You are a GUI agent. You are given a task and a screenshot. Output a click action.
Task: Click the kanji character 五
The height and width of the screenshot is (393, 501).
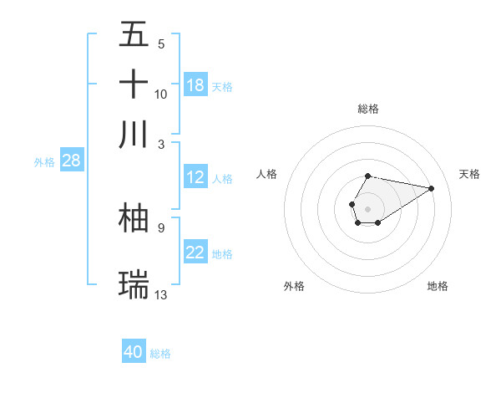134,36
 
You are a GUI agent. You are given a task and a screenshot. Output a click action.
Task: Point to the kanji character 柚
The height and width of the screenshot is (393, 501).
134,217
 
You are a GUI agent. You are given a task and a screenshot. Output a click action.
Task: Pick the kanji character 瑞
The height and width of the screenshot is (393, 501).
134,284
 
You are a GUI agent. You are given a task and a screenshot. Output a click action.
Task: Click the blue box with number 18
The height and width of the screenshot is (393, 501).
195,85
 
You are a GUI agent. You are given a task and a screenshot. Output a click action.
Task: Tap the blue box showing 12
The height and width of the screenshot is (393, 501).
195,177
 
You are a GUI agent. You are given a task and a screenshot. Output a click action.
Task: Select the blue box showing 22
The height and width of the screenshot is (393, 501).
195,253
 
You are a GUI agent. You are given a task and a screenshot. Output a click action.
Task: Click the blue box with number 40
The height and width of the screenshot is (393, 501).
134,352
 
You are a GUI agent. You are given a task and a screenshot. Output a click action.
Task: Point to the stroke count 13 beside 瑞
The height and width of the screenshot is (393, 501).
161,294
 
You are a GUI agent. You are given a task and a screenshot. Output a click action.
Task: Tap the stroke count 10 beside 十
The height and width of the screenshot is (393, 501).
161,94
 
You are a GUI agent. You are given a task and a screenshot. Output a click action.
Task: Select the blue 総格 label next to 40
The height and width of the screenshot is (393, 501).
160,354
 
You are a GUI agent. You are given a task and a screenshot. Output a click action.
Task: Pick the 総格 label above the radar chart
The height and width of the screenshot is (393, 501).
367,109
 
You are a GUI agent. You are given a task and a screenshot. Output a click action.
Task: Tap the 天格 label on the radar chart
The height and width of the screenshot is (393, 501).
469,174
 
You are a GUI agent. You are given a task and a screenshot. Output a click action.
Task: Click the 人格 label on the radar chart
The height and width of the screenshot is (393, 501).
267,174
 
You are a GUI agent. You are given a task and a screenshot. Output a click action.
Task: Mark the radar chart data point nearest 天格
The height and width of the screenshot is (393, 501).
432,187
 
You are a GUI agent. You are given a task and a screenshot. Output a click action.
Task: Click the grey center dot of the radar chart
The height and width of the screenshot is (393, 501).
367,207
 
